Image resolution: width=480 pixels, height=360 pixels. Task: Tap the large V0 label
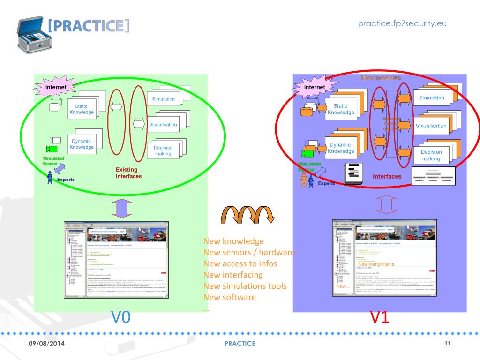click(120, 317)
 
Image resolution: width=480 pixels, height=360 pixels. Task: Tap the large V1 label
click(380, 317)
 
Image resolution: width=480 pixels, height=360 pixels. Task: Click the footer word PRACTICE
click(240, 344)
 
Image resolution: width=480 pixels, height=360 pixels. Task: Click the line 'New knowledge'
click(233, 241)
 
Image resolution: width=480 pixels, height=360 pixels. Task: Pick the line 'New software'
click(230, 297)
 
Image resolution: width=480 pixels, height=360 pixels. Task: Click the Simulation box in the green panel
click(163, 99)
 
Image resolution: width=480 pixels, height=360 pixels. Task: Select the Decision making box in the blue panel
click(431, 155)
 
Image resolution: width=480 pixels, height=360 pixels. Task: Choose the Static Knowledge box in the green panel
click(82, 109)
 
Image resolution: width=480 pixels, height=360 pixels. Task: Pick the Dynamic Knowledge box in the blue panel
click(341, 148)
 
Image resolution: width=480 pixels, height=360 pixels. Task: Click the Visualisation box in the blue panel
click(431, 126)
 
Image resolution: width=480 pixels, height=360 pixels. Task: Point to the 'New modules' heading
click(381, 78)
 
